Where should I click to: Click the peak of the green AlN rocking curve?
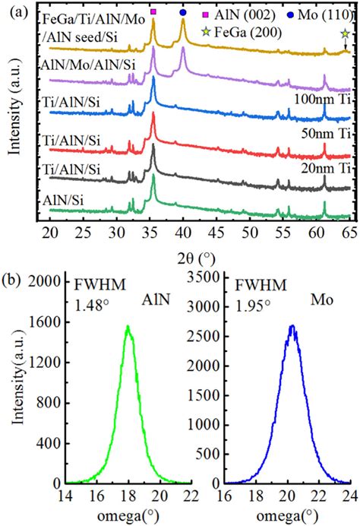(x=128, y=327)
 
